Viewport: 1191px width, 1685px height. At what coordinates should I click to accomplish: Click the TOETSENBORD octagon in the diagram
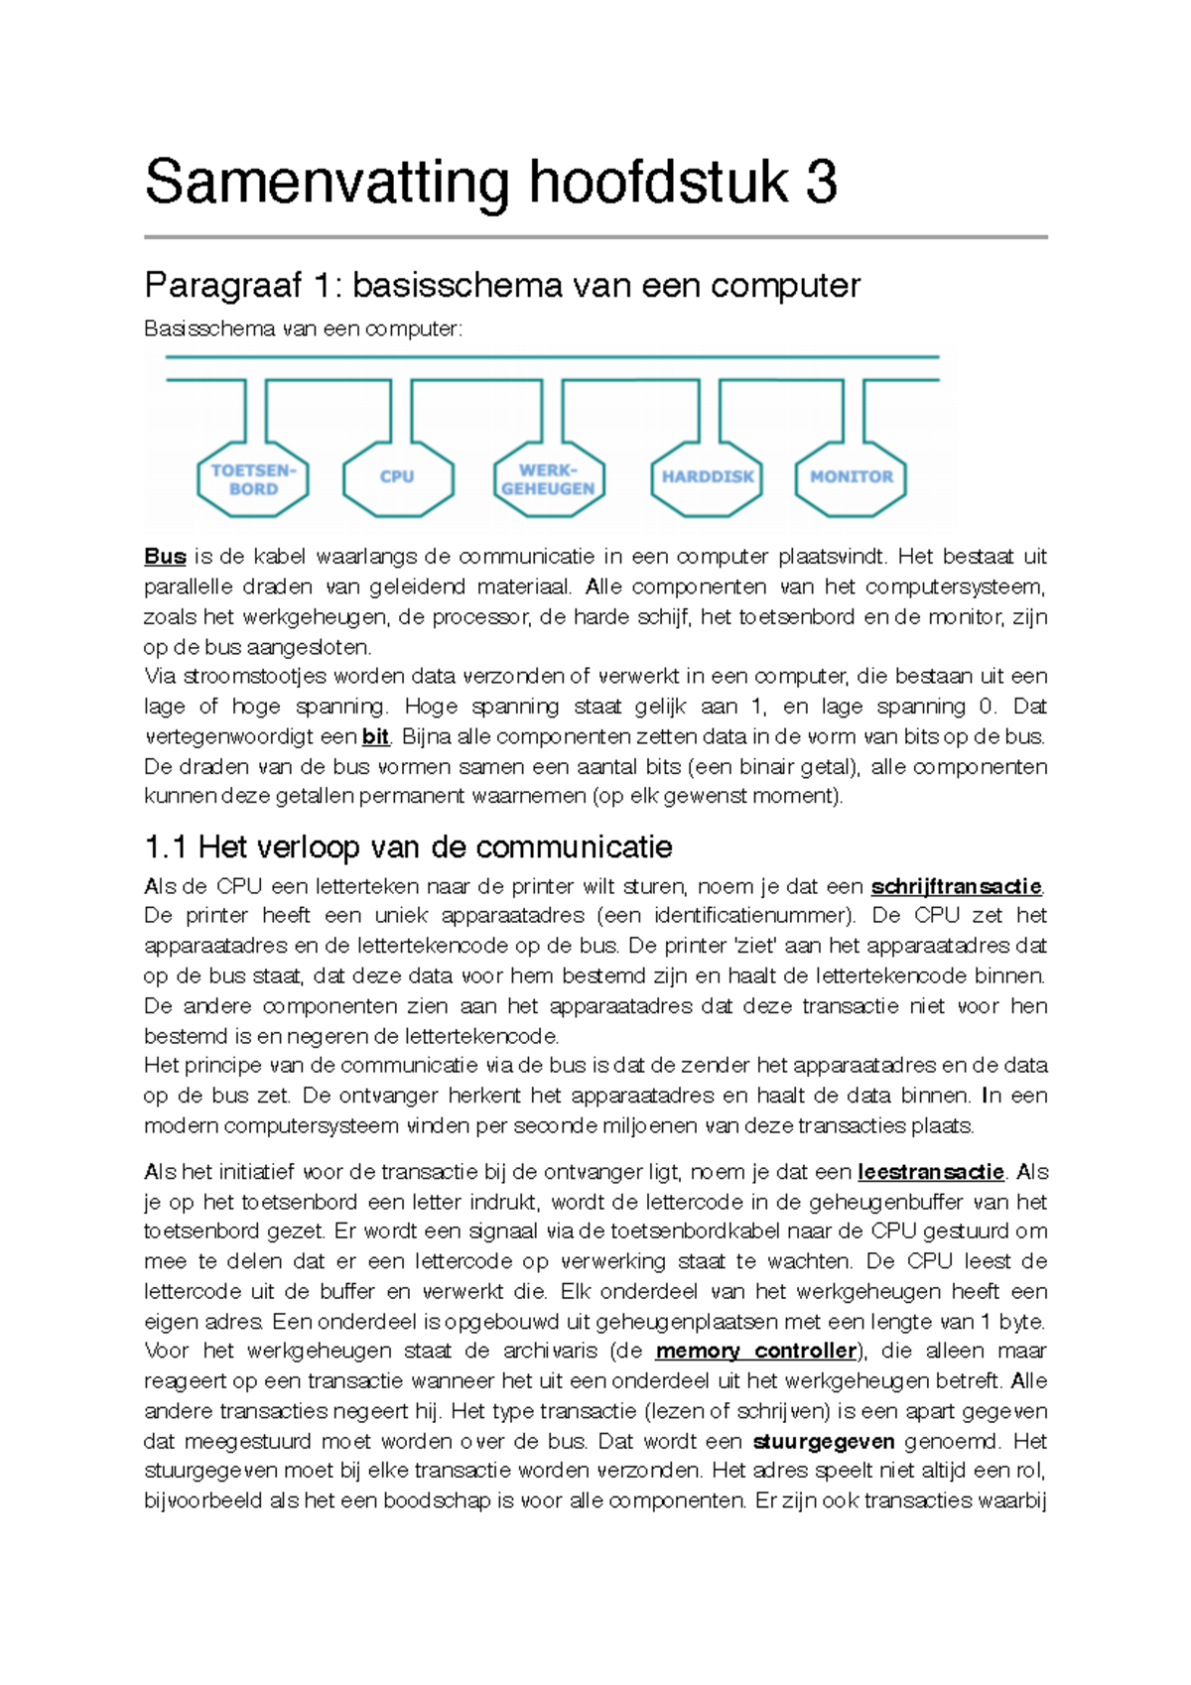click(253, 479)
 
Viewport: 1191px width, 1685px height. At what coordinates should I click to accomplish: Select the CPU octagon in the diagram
click(397, 477)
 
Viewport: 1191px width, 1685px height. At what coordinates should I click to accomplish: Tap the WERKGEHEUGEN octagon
click(548, 479)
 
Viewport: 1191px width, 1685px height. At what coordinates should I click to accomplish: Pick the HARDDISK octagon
click(707, 477)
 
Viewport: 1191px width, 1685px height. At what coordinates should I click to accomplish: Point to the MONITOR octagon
click(851, 477)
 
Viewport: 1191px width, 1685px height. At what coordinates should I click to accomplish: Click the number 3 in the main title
click(821, 183)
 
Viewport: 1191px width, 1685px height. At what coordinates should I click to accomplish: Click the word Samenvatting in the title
click(327, 185)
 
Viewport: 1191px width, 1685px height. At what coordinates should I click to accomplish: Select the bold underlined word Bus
click(165, 556)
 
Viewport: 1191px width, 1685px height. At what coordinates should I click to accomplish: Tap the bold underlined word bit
click(375, 736)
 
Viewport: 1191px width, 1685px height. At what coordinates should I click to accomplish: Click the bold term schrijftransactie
click(956, 886)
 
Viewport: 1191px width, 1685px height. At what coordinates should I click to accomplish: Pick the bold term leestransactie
click(930, 1172)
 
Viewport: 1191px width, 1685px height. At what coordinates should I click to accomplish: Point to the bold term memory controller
click(755, 1351)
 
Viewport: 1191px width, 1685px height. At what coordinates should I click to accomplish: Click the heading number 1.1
click(165, 847)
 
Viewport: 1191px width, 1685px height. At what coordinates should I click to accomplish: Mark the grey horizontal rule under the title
click(595, 237)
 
